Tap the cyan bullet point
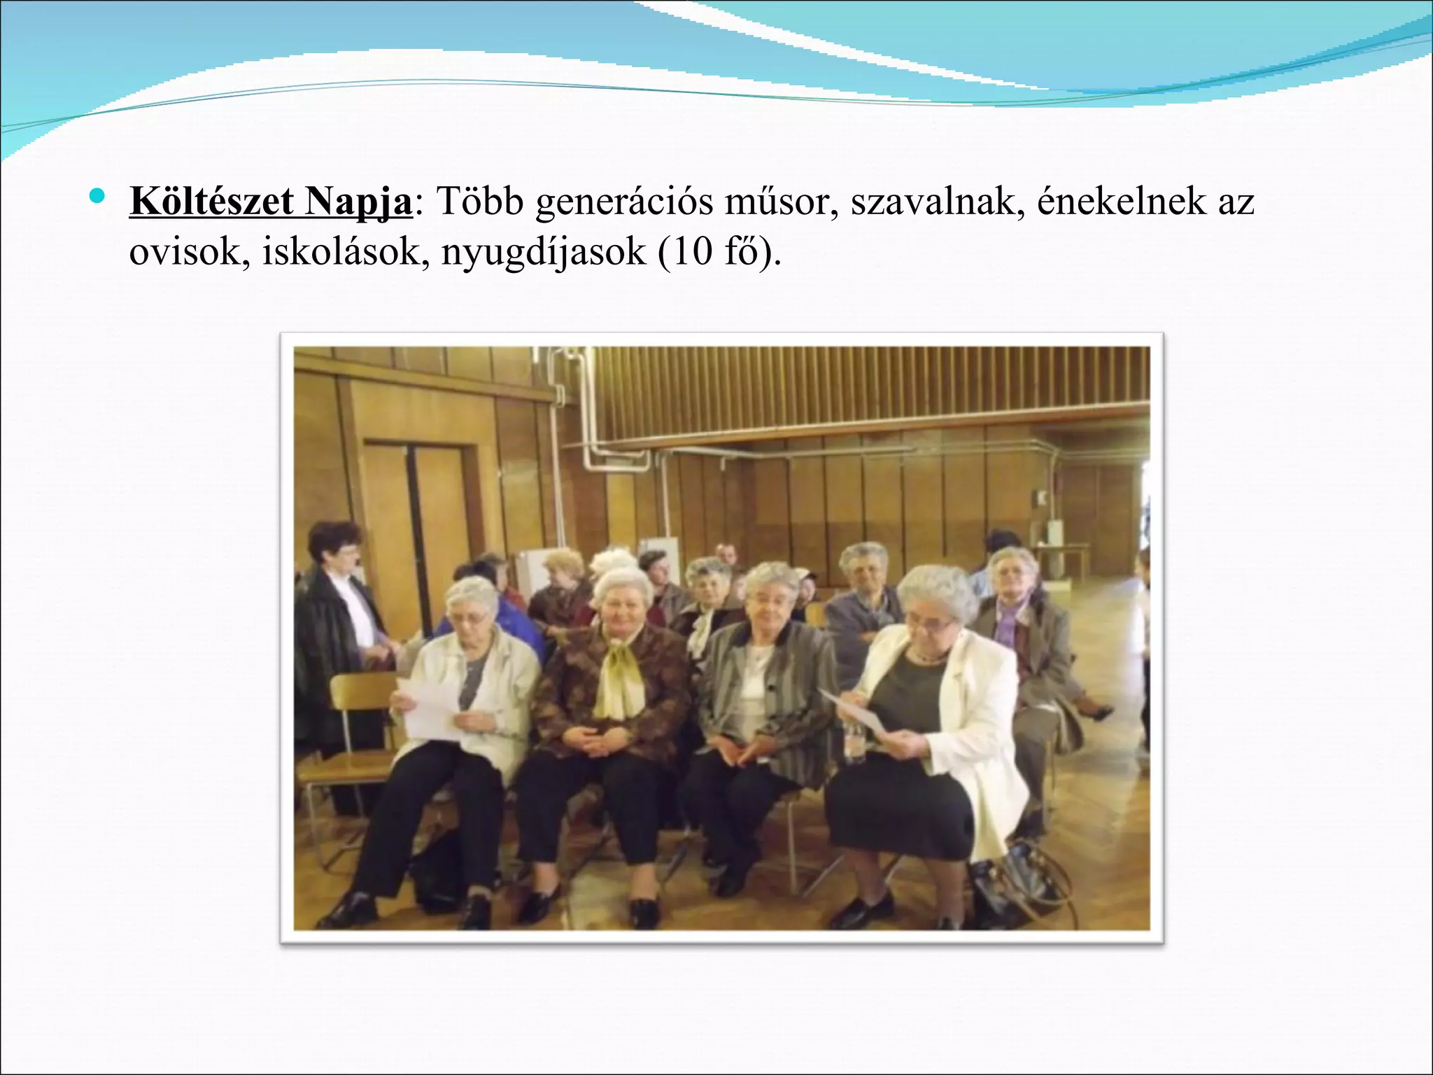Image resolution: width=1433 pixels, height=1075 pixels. [x=98, y=194]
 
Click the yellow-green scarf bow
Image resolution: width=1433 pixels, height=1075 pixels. [x=619, y=682]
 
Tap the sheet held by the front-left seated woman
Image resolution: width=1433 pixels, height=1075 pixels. [x=427, y=707]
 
